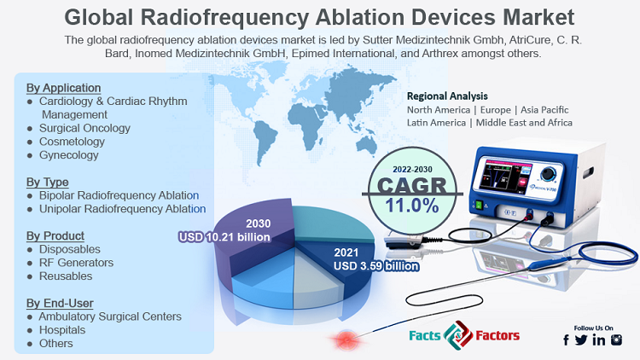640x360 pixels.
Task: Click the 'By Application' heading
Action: [x=64, y=88]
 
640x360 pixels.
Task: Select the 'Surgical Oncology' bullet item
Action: [x=84, y=128]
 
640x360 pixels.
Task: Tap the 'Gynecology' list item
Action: [x=68, y=155]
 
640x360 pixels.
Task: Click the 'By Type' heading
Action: [x=47, y=182]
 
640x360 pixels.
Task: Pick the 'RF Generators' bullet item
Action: [x=76, y=263]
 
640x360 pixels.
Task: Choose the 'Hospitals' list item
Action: [x=62, y=330]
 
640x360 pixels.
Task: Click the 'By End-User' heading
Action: [x=60, y=303]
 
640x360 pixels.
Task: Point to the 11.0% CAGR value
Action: [x=412, y=206]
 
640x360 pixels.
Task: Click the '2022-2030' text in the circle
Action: [x=412, y=170]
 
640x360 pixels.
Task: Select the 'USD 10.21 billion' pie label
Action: [x=224, y=237]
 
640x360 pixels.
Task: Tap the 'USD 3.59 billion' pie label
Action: [x=376, y=266]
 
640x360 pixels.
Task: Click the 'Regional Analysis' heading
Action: [x=447, y=96]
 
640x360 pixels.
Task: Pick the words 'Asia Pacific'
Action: [x=544, y=110]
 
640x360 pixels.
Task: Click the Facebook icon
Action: [x=566, y=340]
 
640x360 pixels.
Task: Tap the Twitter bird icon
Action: [x=581, y=340]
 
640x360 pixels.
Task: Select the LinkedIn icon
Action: [x=599, y=340]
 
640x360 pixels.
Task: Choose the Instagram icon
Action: [x=616, y=340]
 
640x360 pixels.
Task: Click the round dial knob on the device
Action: [x=548, y=174]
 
